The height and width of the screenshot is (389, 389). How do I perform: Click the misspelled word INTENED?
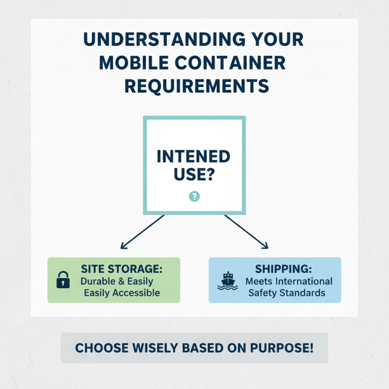194,157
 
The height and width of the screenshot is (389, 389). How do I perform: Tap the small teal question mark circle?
194,196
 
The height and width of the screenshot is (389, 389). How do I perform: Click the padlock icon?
63,280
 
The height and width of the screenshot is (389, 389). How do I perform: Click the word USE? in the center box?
194,174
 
